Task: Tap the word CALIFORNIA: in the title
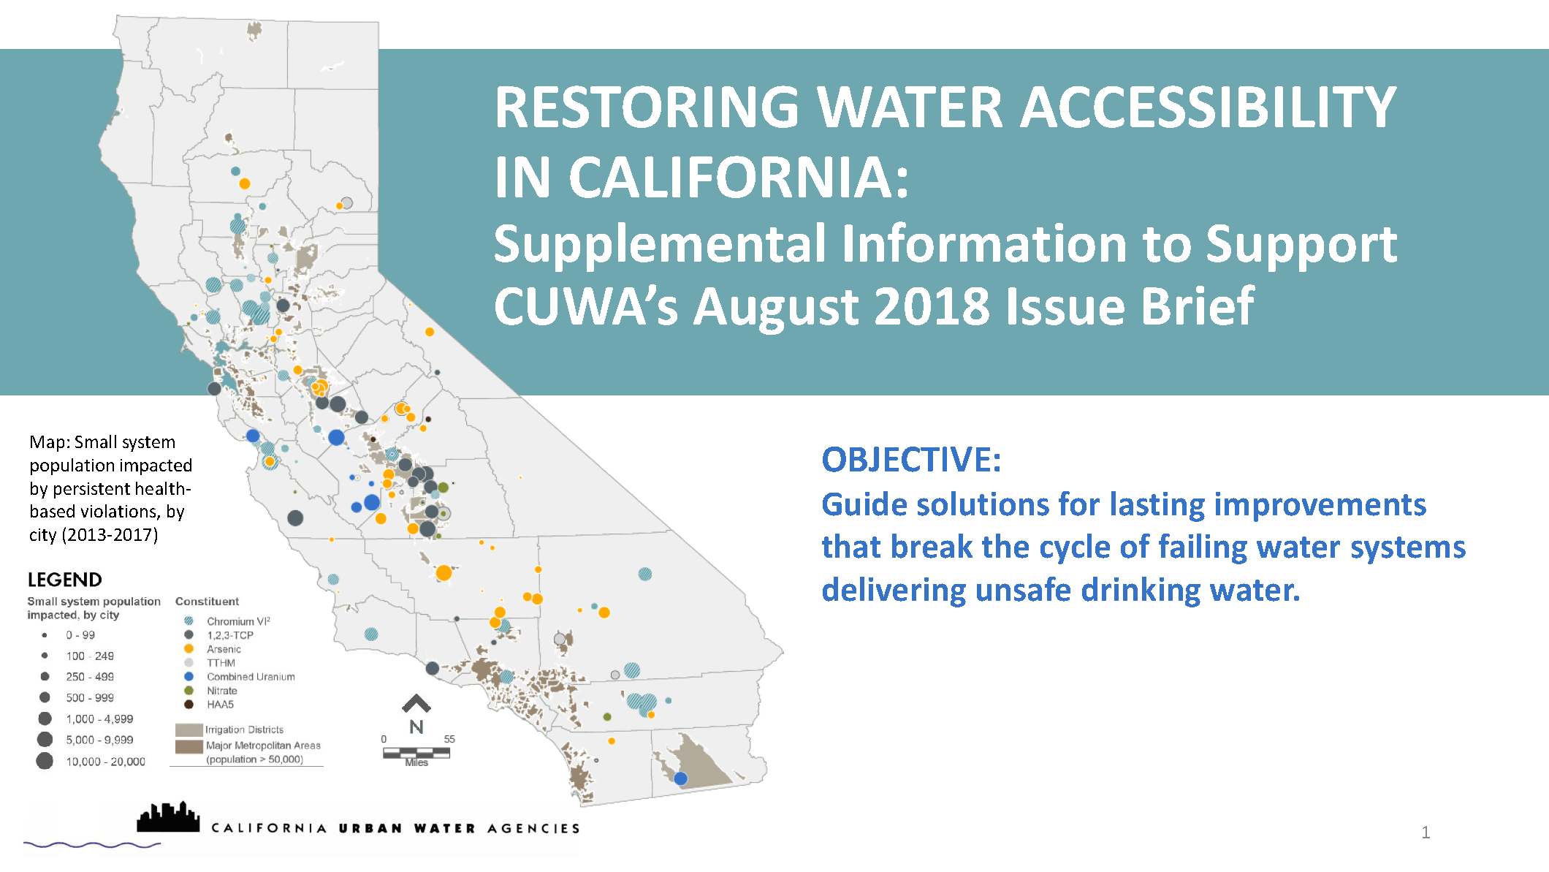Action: tap(738, 178)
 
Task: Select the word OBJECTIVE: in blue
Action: tap(911, 460)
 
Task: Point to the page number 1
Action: tap(1426, 832)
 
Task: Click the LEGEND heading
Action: tap(65, 580)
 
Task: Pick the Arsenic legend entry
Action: tap(224, 649)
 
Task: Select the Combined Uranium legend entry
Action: tap(251, 677)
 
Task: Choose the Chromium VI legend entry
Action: tap(238, 621)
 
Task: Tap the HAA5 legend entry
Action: tap(220, 705)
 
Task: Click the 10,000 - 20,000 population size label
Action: tap(106, 762)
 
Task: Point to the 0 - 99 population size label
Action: tap(80, 635)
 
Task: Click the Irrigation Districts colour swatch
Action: tap(189, 729)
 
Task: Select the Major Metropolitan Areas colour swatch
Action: tap(189, 746)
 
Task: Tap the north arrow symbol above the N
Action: tap(416, 703)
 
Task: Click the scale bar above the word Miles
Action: tap(416, 752)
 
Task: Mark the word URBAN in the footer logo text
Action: tap(370, 828)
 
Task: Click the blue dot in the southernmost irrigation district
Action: tap(680, 778)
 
